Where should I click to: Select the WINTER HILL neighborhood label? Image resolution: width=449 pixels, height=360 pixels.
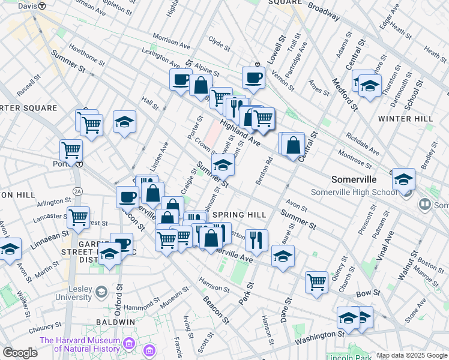pyautogui.click(x=405, y=119)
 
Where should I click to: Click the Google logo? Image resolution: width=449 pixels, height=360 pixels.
pyautogui.click(x=20, y=353)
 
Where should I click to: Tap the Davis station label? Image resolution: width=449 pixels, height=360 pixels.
pyautogui.click(x=28, y=5)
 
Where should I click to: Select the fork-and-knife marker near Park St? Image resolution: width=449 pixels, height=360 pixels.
pyautogui.click(x=256, y=240)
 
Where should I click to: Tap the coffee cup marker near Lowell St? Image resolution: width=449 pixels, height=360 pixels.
pyautogui.click(x=253, y=77)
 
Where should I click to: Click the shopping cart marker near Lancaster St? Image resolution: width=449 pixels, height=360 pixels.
pyautogui.click(x=78, y=218)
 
